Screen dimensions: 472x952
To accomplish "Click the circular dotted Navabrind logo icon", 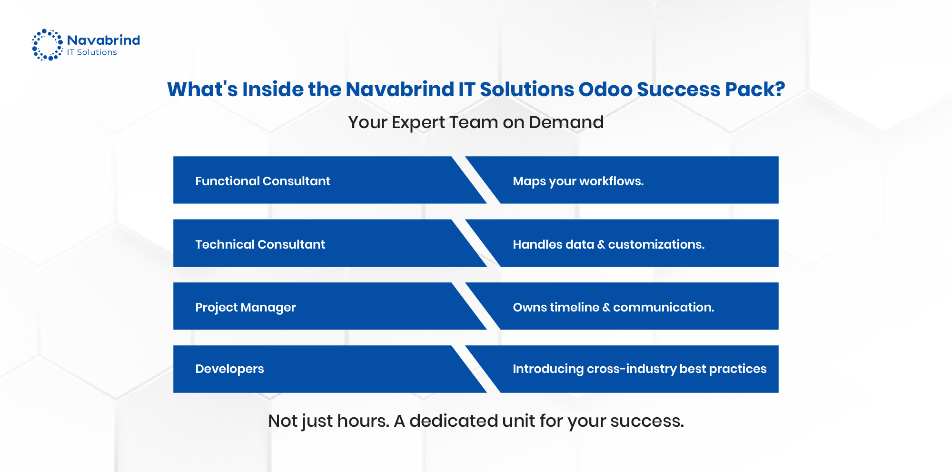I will point(47,45).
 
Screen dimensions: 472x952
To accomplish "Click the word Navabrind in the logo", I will point(103,40).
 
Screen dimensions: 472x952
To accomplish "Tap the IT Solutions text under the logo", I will point(92,52).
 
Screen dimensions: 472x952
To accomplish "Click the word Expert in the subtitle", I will point(419,123).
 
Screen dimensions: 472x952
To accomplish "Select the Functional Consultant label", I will point(262,181).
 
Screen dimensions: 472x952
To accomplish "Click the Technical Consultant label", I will point(260,244).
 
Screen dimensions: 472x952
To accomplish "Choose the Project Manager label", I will point(245,307).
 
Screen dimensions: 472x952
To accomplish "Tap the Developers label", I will point(229,369).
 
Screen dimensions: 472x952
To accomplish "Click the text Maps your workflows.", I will point(578,181).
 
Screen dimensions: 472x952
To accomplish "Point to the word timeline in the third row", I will point(574,307).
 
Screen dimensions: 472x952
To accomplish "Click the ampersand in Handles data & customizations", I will point(601,245).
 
